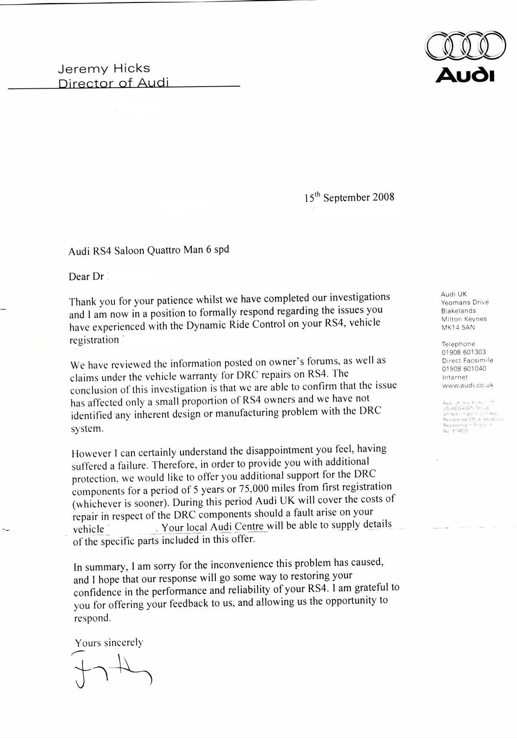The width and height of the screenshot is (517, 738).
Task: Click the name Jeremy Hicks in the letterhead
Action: (x=103, y=69)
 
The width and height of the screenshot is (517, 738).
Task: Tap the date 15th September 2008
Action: (x=349, y=197)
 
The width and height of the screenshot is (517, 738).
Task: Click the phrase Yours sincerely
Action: (x=109, y=642)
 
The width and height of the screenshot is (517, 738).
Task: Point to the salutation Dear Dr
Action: (x=86, y=277)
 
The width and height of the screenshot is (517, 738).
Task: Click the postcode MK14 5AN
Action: (x=458, y=327)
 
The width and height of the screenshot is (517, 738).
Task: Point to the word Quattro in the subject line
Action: (x=165, y=250)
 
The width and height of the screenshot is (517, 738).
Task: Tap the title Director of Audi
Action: (x=113, y=83)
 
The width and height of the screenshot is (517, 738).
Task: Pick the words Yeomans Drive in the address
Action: (x=465, y=302)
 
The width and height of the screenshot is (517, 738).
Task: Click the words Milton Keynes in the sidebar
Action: (x=464, y=319)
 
